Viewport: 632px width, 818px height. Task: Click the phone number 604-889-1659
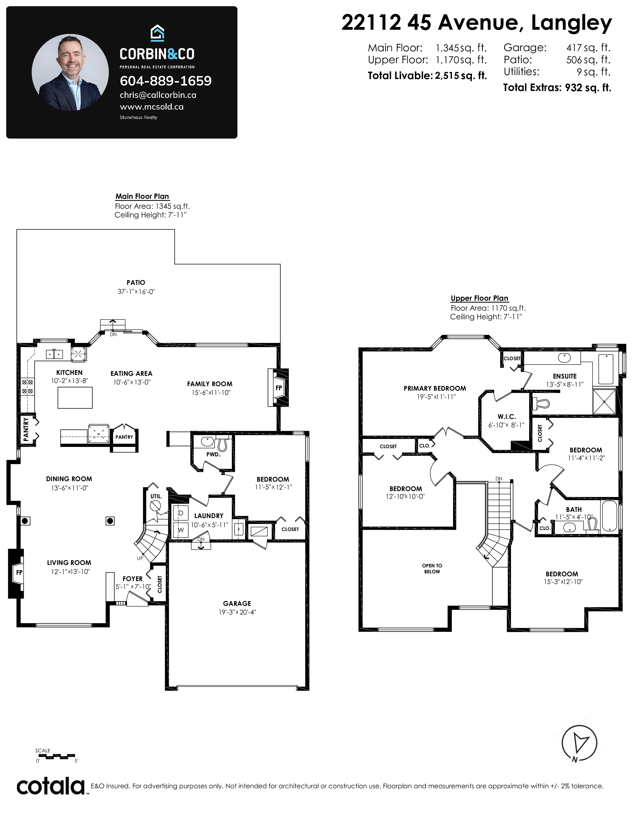pyautogui.click(x=166, y=81)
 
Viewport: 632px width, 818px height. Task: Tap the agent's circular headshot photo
pyautogui.click(x=70, y=73)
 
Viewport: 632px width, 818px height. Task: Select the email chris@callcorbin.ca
pyautogui.click(x=158, y=95)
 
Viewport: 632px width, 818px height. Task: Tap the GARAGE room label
pyautogui.click(x=237, y=603)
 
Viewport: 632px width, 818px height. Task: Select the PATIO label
pyautogui.click(x=136, y=282)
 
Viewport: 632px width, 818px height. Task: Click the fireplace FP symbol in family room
pyautogui.click(x=278, y=388)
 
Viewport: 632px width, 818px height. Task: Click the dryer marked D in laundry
pyautogui.click(x=180, y=513)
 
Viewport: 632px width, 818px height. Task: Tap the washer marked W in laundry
pyautogui.click(x=180, y=530)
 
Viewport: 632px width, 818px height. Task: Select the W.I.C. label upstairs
pyautogui.click(x=507, y=416)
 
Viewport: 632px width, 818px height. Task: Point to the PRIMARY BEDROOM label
pyautogui.click(x=435, y=388)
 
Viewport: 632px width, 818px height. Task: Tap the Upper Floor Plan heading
pyautogui.click(x=480, y=298)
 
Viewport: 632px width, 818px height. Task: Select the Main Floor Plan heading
pyautogui.click(x=142, y=196)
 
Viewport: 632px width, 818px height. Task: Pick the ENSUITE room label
pyautogui.click(x=565, y=376)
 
